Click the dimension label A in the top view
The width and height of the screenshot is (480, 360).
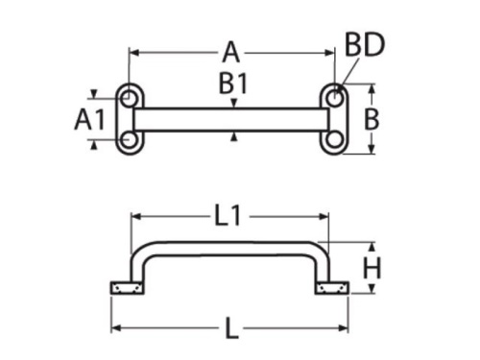pyautogui.click(x=231, y=51)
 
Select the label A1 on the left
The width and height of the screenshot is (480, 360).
pyautogui.click(x=89, y=119)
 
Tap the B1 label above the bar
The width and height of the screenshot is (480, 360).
pyautogui.click(x=233, y=84)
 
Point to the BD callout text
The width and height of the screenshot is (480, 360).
pyautogui.click(x=364, y=45)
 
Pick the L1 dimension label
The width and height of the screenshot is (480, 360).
pyautogui.click(x=228, y=217)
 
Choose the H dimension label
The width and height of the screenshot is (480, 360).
pyautogui.click(x=372, y=267)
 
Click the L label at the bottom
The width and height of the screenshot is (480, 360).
pyautogui.click(x=231, y=330)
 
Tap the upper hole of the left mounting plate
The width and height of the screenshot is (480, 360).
pyautogui.click(x=129, y=98)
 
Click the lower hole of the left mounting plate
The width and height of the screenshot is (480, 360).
pyautogui.click(x=129, y=140)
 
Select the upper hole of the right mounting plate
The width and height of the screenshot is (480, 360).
pyautogui.click(x=333, y=98)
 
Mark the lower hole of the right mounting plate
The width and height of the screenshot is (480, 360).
pyautogui.click(x=333, y=140)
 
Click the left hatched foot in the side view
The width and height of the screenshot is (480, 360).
pyautogui.click(x=128, y=288)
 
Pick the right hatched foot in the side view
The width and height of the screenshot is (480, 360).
pyautogui.click(x=331, y=288)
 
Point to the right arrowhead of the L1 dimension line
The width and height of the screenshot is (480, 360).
pyautogui.click(x=324, y=218)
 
